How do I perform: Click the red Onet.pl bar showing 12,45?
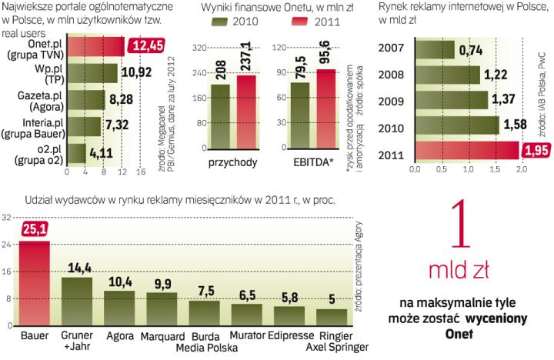pyautogui.click(x=96, y=48)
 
